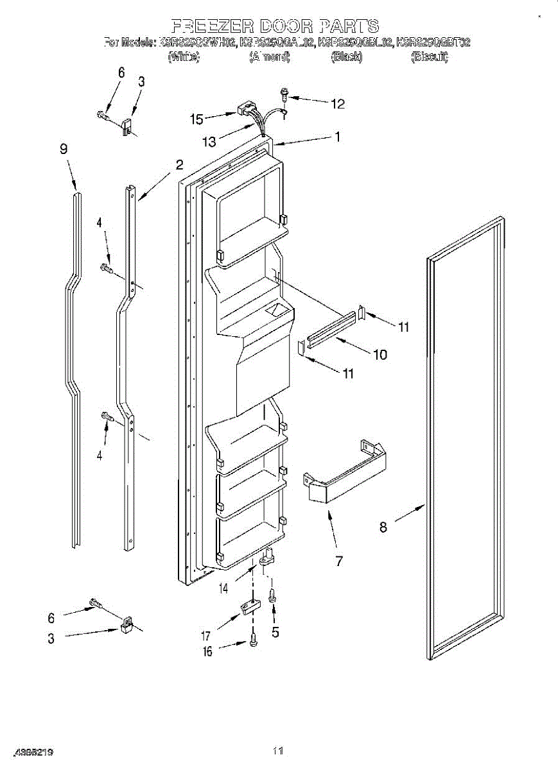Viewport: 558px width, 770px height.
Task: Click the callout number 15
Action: coord(196,119)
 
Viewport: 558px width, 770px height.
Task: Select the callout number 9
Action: coord(64,149)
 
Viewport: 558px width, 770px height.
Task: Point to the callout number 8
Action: coord(383,527)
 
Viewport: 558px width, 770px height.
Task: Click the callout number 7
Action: coord(338,561)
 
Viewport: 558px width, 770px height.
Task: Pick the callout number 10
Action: coord(380,354)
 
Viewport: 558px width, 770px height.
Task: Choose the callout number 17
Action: coord(206,637)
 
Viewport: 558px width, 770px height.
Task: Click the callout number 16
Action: coord(206,652)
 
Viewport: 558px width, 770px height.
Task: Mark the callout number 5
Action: coord(275,631)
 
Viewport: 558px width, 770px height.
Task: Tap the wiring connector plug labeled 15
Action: coord(244,110)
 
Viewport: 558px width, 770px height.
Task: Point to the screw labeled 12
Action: coord(284,97)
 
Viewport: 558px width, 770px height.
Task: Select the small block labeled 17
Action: coord(249,605)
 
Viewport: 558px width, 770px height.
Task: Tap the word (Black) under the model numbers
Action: coord(346,56)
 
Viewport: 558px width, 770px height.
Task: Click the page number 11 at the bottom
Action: coord(278,750)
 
